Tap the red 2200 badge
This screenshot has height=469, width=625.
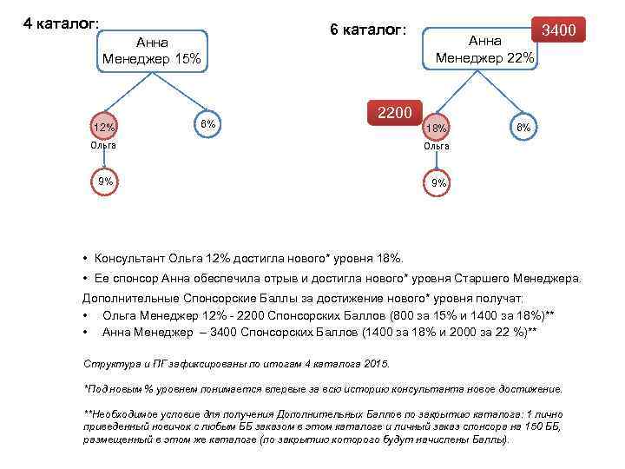click(x=396, y=113)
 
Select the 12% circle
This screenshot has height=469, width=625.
click(x=104, y=128)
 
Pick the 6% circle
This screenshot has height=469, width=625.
click(x=207, y=123)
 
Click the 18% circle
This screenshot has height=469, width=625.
click(x=436, y=128)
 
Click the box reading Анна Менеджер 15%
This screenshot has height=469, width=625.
click(x=151, y=51)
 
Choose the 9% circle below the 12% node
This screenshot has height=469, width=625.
click(x=105, y=182)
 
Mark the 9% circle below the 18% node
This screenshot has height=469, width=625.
click(x=439, y=182)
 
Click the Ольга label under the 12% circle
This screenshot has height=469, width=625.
click(x=103, y=145)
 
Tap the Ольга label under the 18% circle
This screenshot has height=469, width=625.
click(x=437, y=146)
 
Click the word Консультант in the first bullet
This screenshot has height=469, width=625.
click(x=134, y=258)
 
